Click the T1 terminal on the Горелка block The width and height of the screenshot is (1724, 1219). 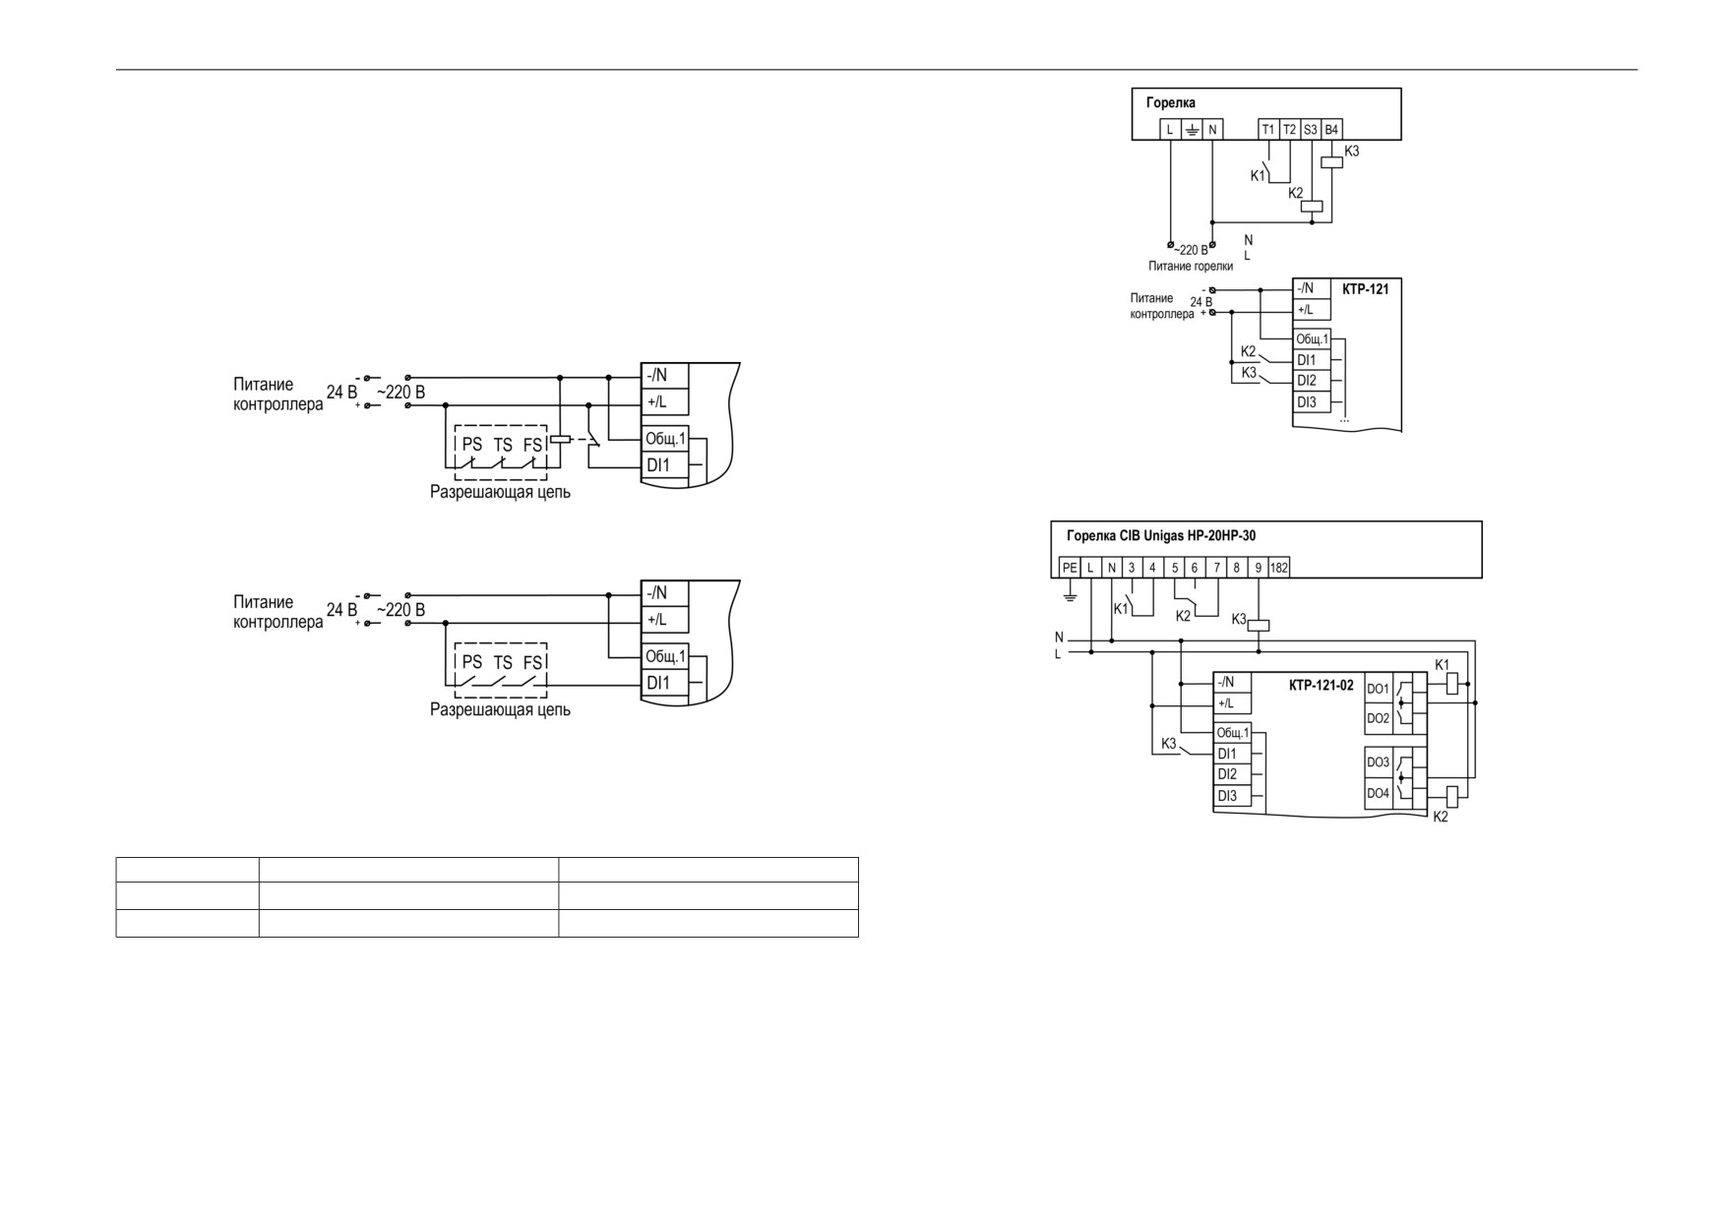tap(1268, 130)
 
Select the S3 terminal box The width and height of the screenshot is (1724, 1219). tap(1311, 130)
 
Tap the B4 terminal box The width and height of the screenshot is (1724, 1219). tap(1331, 130)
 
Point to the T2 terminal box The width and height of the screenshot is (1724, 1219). tap(1290, 130)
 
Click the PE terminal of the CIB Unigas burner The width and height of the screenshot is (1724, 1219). tap(1070, 568)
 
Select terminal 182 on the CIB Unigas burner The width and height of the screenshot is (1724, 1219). tap(1279, 568)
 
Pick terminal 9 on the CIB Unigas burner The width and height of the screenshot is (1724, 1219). tap(1259, 568)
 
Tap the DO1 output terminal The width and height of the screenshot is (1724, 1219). tap(1379, 689)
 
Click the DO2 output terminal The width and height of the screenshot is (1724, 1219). tap(1379, 718)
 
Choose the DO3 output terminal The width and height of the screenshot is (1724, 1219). tap(1379, 762)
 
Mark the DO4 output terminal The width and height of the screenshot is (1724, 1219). tap(1379, 793)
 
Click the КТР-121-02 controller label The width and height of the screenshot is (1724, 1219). tap(1322, 686)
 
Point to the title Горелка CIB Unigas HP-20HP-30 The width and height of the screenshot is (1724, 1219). tap(1161, 536)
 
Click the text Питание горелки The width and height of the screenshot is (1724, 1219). tap(1191, 266)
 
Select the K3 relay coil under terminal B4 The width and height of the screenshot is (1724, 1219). tap(1331, 161)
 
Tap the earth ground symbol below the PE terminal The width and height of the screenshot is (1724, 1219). tap(1070, 596)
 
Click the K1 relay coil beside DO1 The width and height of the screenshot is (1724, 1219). tap(1451, 685)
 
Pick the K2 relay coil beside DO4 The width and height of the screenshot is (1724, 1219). tap(1451, 797)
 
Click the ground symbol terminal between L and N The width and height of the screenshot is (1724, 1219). tap(1191, 130)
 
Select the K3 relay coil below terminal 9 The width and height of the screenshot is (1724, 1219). tap(1259, 625)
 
